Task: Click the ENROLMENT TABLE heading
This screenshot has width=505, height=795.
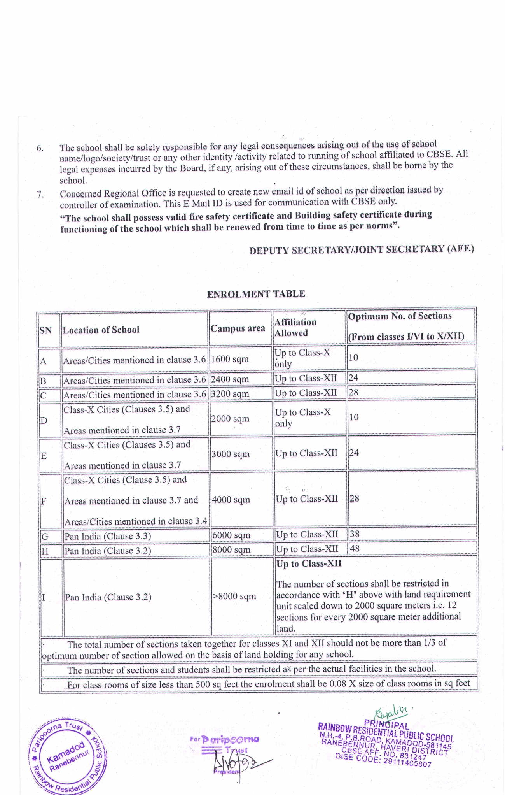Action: click(256, 294)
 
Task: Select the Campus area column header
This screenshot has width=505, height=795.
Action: click(238, 328)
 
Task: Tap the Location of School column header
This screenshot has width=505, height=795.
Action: click(101, 330)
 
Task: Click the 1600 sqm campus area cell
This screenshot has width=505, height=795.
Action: click(230, 359)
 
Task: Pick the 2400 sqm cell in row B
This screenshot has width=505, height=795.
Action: click(230, 379)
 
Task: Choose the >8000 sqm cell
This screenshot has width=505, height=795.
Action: click(234, 596)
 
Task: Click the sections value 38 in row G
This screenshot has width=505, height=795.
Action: click(354, 534)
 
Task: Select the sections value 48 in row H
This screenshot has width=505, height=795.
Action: click(354, 548)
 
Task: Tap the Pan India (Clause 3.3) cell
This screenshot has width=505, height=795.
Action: click(108, 536)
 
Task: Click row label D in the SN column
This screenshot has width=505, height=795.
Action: click(44, 421)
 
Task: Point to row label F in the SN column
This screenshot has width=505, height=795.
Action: click(44, 501)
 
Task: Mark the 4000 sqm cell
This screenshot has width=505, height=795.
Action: click(231, 500)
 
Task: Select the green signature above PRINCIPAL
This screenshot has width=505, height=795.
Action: click(390, 713)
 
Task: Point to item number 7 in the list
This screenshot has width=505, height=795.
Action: click(40, 194)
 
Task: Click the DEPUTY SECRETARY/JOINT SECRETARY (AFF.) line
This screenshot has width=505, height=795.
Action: click(361, 249)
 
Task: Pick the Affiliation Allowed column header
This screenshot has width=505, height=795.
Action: click(295, 328)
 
